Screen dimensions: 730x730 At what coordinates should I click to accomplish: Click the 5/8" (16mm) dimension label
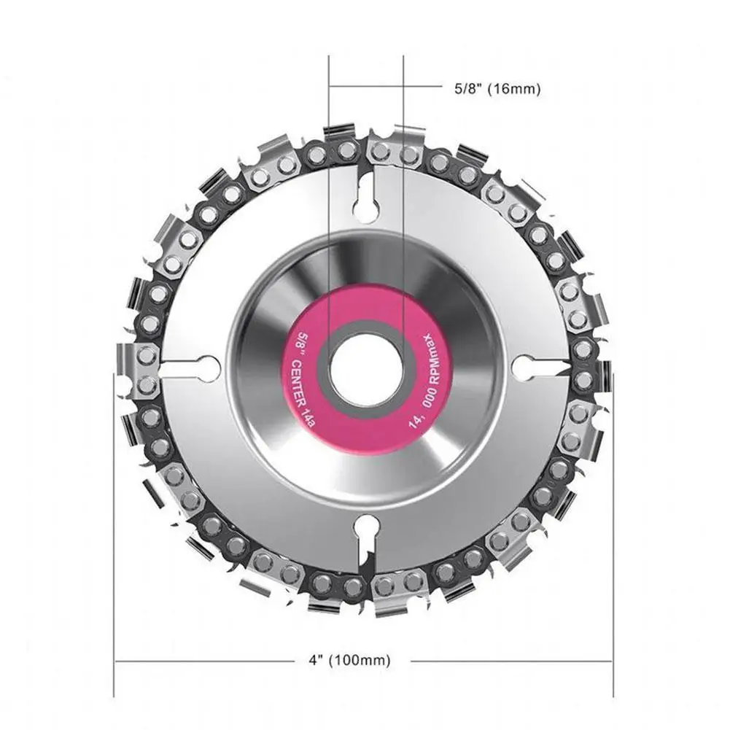[497, 90]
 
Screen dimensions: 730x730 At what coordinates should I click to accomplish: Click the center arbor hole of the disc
[365, 370]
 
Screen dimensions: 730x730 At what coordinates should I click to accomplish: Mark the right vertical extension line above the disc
[403, 95]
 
